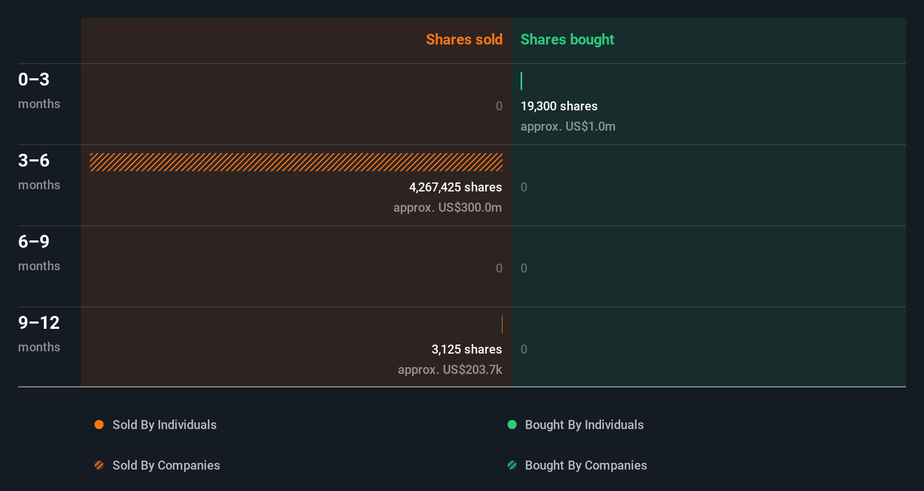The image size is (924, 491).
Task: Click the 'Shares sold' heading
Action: (x=464, y=39)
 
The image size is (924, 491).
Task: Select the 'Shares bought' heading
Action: (x=567, y=39)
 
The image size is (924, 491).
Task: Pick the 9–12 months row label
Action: (x=38, y=333)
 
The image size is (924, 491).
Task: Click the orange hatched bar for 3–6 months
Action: (x=296, y=162)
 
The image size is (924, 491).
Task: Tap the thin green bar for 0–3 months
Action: (x=522, y=81)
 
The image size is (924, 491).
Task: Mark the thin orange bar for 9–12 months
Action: (x=502, y=324)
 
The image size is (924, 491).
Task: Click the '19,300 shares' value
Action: (x=559, y=106)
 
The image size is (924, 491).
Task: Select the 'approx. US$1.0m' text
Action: (x=568, y=126)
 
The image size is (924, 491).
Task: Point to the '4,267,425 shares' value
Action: (x=455, y=187)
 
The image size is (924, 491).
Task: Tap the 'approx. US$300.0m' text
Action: (x=447, y=207)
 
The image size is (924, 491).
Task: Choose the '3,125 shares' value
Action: (x=467, y=349)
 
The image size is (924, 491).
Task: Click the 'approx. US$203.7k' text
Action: (x=450, y=369)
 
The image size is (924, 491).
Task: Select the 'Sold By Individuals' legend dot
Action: (x=99, y=425)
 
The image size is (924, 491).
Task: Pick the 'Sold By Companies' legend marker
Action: (x=99, y=465)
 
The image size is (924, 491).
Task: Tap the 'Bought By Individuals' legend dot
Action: (x=512, y=425)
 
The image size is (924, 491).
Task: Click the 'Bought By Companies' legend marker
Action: (x=512, y=465)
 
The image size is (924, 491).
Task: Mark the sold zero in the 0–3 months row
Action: (x=499, y=106)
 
